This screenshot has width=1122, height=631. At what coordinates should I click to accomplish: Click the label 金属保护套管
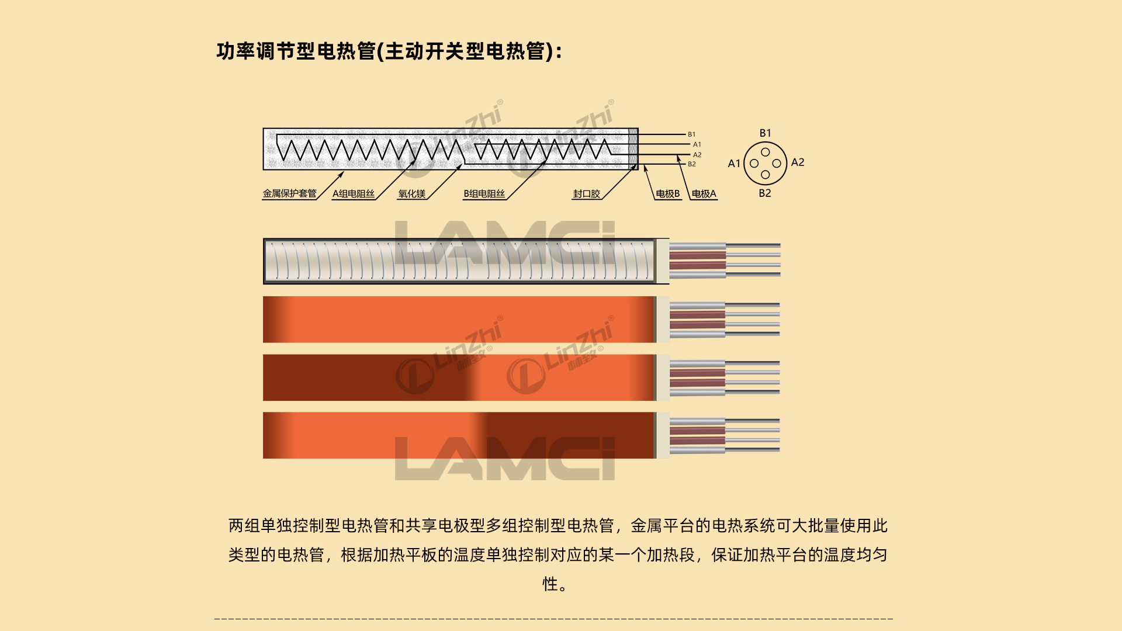(289, 193)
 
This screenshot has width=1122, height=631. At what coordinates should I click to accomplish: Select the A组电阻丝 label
(354, 194)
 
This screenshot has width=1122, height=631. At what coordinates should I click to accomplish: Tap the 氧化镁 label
(412, 194)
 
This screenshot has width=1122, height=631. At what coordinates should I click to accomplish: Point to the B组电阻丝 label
(484, 194)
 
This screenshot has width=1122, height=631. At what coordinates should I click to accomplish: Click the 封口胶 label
(586, 194)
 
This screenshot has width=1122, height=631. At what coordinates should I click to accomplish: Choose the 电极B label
(668, 194)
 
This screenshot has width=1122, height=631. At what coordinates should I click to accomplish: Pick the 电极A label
(704, 194)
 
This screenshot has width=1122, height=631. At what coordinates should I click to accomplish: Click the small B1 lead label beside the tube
(692, 134)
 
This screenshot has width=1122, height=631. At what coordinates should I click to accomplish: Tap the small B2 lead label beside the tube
(692, 164)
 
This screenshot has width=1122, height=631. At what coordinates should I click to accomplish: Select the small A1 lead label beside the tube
(697, 144)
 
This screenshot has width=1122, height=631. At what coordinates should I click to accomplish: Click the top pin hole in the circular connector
(766, 152)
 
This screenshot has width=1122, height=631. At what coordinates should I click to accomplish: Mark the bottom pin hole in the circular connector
(766, 175)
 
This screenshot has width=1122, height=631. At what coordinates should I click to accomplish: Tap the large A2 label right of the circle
(798, 162)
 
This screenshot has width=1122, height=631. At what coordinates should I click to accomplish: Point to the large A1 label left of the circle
(734, 164)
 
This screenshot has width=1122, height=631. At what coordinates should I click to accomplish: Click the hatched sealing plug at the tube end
(633, 149)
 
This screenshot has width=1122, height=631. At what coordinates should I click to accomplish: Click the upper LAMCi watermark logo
(505, 242)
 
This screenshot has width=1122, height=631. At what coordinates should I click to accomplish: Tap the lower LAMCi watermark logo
(505, 459)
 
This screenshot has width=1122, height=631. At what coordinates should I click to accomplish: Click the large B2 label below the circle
(765, 193)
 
